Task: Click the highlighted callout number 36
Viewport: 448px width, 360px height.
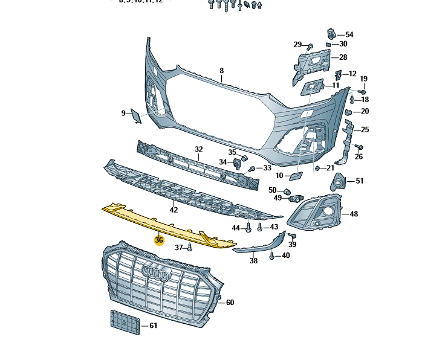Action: [159, 240]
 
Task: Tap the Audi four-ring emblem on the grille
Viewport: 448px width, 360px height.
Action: [155, 274]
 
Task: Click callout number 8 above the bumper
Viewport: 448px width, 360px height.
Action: [221, 71]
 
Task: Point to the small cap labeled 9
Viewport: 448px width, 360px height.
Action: [137, 115]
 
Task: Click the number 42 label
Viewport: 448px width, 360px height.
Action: [174, 210]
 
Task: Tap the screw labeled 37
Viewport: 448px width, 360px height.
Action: [189, 247]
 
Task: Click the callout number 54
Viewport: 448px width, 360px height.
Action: [349, 34]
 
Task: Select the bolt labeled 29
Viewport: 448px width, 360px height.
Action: [310, 45]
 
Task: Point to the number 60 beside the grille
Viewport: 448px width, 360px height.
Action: [230, 302]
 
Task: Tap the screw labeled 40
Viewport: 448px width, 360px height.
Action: [272, 256]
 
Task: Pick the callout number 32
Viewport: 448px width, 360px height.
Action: [198, 149]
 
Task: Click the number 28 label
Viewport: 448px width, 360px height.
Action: [343, 57]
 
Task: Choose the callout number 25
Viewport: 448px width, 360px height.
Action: [365, 130]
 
